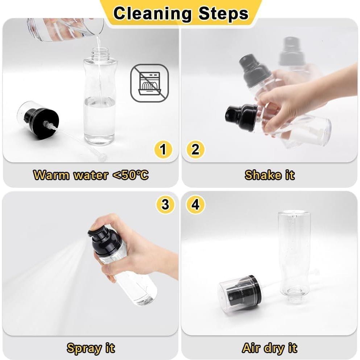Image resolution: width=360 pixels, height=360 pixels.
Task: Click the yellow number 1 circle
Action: (x=163, y=149)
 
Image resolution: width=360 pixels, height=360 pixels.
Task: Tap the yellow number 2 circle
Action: (x=195, y=149)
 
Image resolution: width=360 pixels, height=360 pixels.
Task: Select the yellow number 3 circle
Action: (x=165, y=204)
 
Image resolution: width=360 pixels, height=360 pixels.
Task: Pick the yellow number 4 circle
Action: (x=195, y=204)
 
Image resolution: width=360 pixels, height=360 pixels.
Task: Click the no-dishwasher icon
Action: (x=149, y=83)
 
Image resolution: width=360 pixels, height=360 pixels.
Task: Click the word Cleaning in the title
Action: (x=153, y=13)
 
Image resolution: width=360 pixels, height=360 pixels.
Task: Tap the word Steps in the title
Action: (x=223, y=13)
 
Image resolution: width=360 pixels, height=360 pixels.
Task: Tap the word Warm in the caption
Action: (x=51, y=175)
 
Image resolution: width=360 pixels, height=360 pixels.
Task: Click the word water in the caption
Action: (x=91, y=175)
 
